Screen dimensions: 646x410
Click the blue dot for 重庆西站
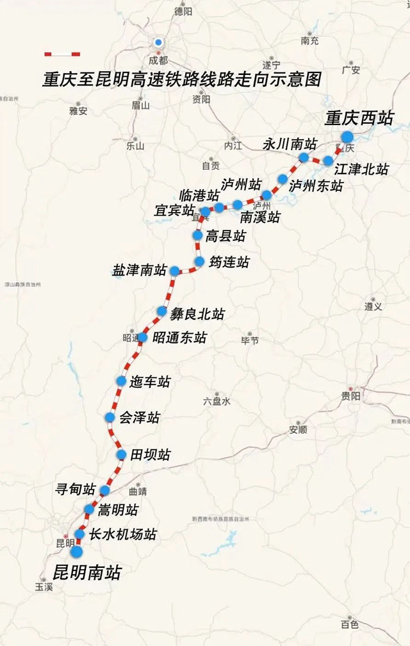[x=347, y=137]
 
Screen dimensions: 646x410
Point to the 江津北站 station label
[x=361, y=169]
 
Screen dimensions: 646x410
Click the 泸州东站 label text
[x=316, y=186]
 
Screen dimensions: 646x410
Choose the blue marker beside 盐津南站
[x=174, y=271]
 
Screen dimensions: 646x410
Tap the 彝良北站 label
[x=197, y=313]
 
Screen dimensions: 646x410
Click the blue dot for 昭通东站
[x=142, y=337]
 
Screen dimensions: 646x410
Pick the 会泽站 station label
[x=140, y=418]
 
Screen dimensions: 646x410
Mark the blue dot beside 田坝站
[x=121, y=454]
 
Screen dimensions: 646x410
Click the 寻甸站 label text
[x=76, y=490]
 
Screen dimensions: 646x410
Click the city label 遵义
[x=373, y=306]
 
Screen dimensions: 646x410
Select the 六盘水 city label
[x=217, y=401]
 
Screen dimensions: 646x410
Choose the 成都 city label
[x=158, y=60]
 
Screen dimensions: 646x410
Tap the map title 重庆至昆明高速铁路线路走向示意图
[x=181, y=80]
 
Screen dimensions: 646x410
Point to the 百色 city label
[x=350, y=624]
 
